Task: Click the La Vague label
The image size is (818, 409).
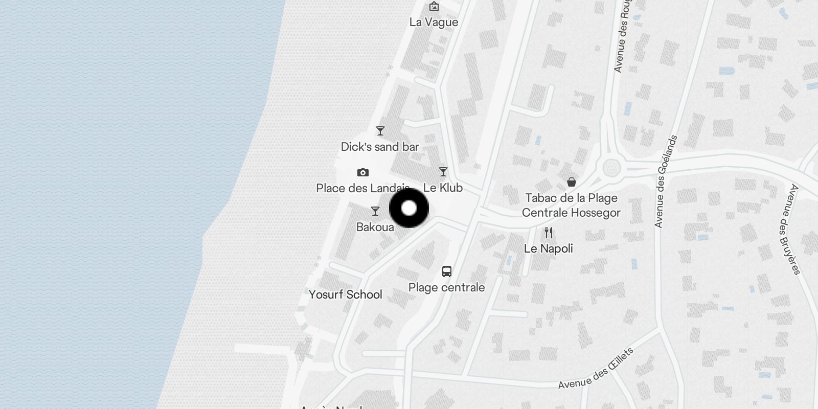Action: point(434,22)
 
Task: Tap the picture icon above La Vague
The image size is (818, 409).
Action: point(434,6)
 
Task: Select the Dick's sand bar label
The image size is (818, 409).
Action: point(380,147)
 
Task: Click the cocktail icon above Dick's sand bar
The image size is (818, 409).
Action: point(380,131)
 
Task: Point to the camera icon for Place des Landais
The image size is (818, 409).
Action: point(363,172)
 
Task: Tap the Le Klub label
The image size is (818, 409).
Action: point(443,188)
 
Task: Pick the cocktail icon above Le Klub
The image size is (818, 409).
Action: point(443,172)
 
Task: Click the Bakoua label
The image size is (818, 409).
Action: point(375,227)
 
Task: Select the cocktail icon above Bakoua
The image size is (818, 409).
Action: point(375,211)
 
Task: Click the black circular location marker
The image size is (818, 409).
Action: point(409,208)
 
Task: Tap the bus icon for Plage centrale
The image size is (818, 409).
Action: point(447,271)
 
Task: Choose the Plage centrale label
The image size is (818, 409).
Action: point(446,287)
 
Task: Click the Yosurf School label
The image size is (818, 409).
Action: point(346,294)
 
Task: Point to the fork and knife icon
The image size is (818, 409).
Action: point(549,233)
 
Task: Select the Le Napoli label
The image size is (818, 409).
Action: point(549,249)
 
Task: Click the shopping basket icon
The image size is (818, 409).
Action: point(572,182)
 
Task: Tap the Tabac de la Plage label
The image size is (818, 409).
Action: point(571,198)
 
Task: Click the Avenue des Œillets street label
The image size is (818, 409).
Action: point(596,368)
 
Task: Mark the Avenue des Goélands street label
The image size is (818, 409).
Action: point(666,181)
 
